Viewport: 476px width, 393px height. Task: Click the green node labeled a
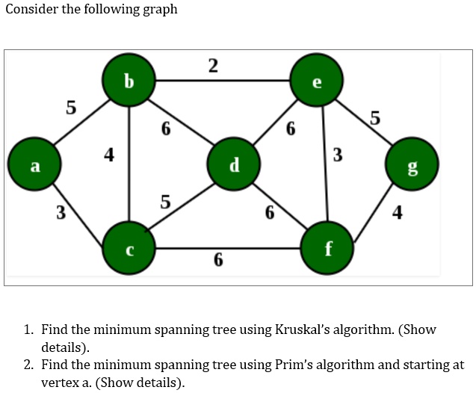pos(34,165)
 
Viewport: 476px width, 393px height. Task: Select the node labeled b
pos(129,79)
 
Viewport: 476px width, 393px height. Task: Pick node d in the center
pos(234,164)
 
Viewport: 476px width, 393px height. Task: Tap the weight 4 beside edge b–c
pos(109,155)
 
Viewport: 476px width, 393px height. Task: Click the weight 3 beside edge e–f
pos(338,155)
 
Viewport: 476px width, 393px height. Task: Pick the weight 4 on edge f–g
pos(398,213)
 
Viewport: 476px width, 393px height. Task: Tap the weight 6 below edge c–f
pos(217,260)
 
